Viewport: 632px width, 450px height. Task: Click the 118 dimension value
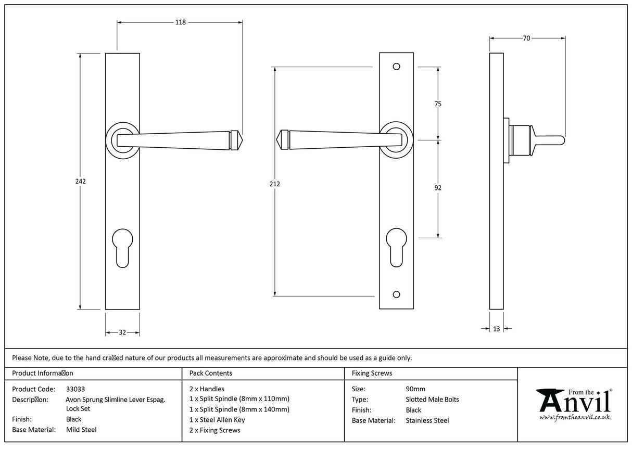pyautogui.click(x=180, y=22)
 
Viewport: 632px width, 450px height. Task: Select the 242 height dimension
pyautogui.click(x=80, y=181)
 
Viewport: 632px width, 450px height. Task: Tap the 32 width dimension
pyautogui.click(x=122, y=332)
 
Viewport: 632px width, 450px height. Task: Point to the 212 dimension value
pyautogui.click(x=274, y=184)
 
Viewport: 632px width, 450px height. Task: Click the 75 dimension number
pyautogui.click(x=437, y=104)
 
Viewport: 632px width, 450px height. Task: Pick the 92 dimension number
pyautogui.click(x=437, y=188)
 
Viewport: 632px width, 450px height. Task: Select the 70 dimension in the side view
pyautogui.click(x=526, y=38)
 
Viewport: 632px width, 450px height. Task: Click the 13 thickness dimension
pyautogui.click(x=496, y=328)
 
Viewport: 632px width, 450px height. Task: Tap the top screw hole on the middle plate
pyautogui.click(x=396, y=67)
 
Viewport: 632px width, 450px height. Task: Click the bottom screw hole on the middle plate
pyautogui.click(x=396, y=295)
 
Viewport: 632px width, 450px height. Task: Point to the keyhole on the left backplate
pyautogui.click(x=122, y=247)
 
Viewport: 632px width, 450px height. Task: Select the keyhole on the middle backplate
pyautogui.click(x=396, y=247)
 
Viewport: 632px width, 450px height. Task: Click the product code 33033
pyautogui.click(x=75, y=389)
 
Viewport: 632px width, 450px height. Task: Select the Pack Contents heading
pyautogui.click(x=211, y=373)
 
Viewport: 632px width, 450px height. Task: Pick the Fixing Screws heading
pyautogui.click(x=372, y=373)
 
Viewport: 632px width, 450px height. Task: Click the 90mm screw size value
pyautogui.click(x=415, y=389)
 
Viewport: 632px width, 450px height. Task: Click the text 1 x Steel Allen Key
pyautogui.click(x=217, y=420)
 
